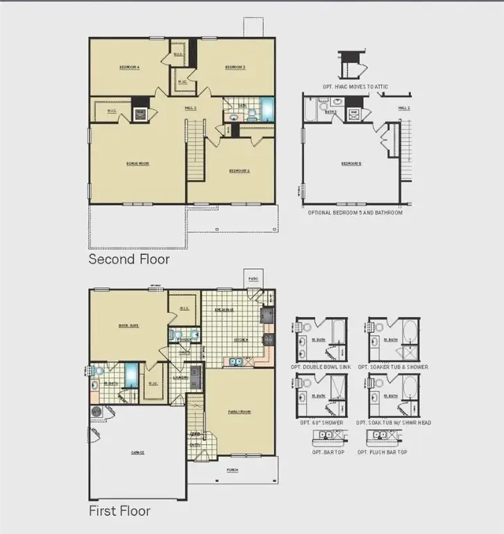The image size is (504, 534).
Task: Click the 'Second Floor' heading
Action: pos(128,259)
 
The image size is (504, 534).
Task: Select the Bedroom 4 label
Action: pos(129,67)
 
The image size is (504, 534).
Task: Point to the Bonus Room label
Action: pos(138,163)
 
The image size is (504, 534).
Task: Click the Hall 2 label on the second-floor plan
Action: pos(190,108)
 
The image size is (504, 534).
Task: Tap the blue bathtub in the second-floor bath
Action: pos(267,109)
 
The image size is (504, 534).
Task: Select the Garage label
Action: pos(137,452)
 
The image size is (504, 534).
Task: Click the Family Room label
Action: pos(239,412)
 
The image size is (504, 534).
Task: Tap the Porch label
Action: pos(232,470)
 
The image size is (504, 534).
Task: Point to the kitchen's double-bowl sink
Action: pos(237,361)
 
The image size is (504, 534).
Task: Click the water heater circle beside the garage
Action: pos(96,412)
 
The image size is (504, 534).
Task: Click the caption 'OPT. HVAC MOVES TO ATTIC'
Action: pos(355,86)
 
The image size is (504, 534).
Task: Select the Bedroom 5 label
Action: pos(351,163)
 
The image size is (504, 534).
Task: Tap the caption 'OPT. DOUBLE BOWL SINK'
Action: pos(325,366)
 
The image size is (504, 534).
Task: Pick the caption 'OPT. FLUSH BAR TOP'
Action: pos(383,452)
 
